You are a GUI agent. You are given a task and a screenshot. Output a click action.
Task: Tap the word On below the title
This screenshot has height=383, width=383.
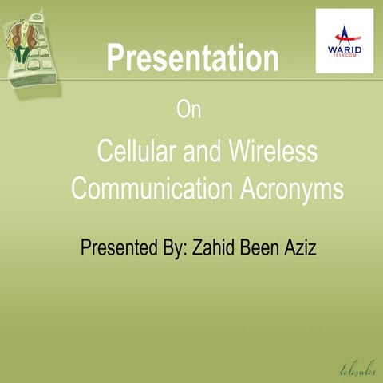[189, 111]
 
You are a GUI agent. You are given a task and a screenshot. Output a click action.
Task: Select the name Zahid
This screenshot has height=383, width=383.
[215, 248]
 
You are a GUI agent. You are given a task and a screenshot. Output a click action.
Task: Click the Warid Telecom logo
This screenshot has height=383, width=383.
[344, 41]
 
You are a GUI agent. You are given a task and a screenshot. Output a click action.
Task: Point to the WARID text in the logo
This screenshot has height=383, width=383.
[345, 50]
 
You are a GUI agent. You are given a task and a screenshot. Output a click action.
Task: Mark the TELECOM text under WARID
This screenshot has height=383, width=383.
[345, 57]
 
